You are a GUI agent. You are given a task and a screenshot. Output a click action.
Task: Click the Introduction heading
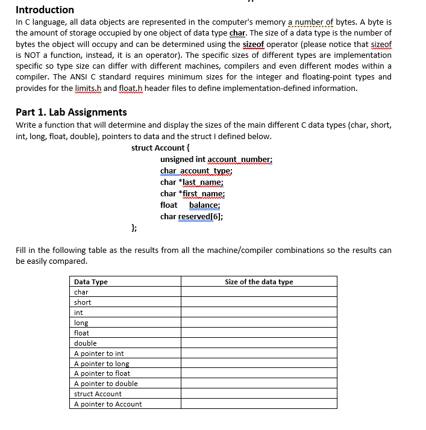[45, 10]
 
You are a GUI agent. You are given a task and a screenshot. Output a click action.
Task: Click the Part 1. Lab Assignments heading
[71, 112]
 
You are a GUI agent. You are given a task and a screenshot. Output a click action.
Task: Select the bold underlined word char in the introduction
[238, 33]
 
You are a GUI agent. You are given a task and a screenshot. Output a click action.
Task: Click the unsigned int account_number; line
[216, 159]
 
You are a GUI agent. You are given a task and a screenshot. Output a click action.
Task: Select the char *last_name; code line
[192, 182]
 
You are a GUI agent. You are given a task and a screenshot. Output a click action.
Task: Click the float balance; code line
[190, 205]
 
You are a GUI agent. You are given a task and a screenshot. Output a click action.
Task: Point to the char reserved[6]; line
[192, 216]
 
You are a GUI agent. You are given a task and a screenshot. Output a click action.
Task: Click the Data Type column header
[90, 282]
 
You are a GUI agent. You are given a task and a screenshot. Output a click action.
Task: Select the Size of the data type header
[258, 282]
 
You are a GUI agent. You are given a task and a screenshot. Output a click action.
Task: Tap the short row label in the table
[83, 302]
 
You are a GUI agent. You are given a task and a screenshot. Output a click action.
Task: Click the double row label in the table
[85, 343]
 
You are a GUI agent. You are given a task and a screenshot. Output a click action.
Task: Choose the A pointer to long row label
[101, 364]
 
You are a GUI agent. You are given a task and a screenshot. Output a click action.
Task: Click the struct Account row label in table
[98, 394]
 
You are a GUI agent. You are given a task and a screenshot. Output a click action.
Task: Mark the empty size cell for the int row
[258, 313]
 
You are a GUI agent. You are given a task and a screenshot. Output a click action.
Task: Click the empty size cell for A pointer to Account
[258, 404]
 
